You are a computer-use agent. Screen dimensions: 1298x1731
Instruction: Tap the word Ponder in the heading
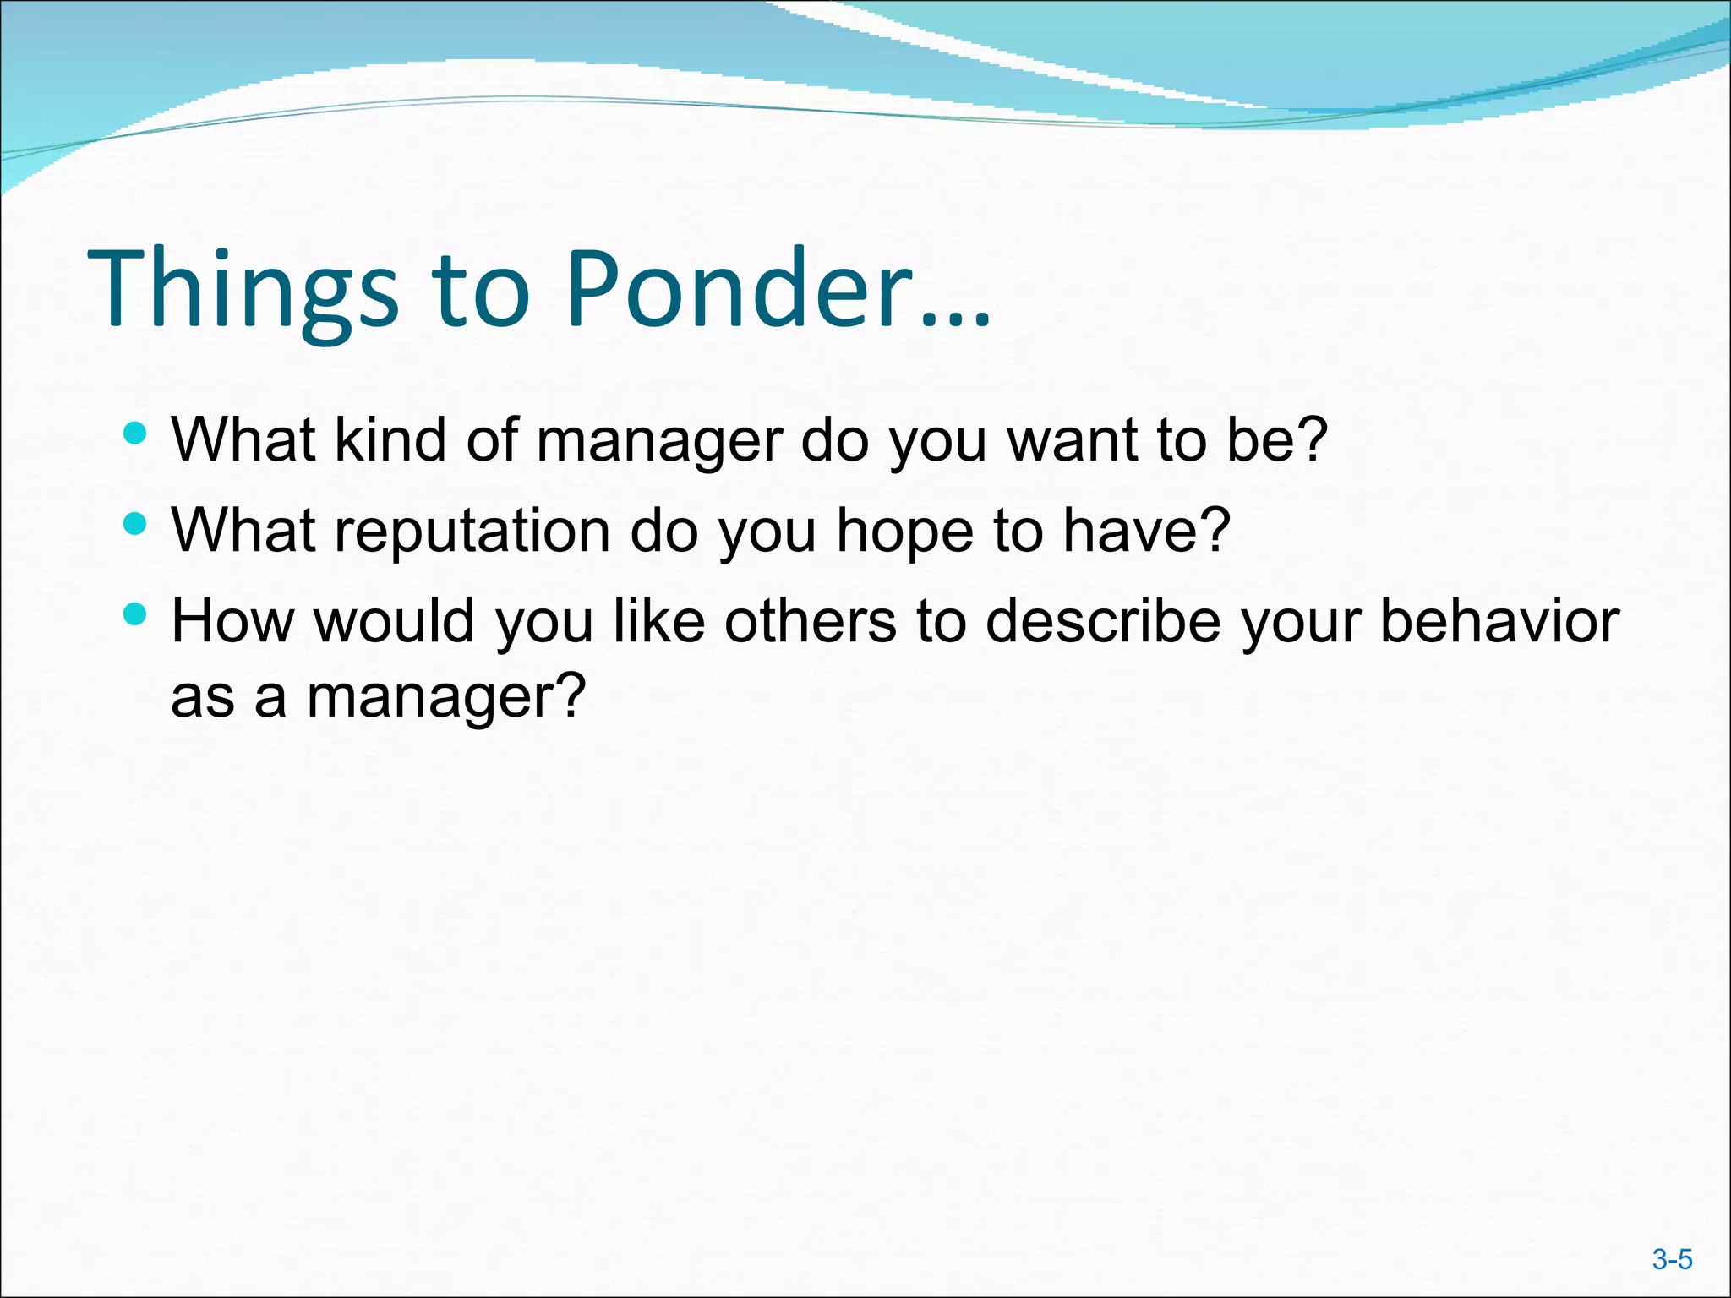click(740, 289)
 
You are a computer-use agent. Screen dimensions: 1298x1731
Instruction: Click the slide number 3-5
click(1672, 1260)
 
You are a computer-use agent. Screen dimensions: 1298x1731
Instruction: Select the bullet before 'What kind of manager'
click(135, 434)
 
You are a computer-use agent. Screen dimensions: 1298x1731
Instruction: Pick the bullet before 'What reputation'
click(135, 525)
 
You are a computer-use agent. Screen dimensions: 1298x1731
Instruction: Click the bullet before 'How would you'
click(135, 614)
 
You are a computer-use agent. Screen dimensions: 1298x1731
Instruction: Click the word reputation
click(472, 531)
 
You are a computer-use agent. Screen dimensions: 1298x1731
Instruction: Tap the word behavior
click(1499, 621)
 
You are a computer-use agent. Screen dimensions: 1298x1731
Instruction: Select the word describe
click(1103, 621)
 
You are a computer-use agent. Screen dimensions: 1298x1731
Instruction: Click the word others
click(810, 621)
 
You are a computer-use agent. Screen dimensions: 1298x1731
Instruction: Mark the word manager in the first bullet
click(658, 441)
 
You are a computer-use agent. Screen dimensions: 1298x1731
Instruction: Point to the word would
click(395, 621)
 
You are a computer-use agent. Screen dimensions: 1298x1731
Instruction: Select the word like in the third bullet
click(659, 621)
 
